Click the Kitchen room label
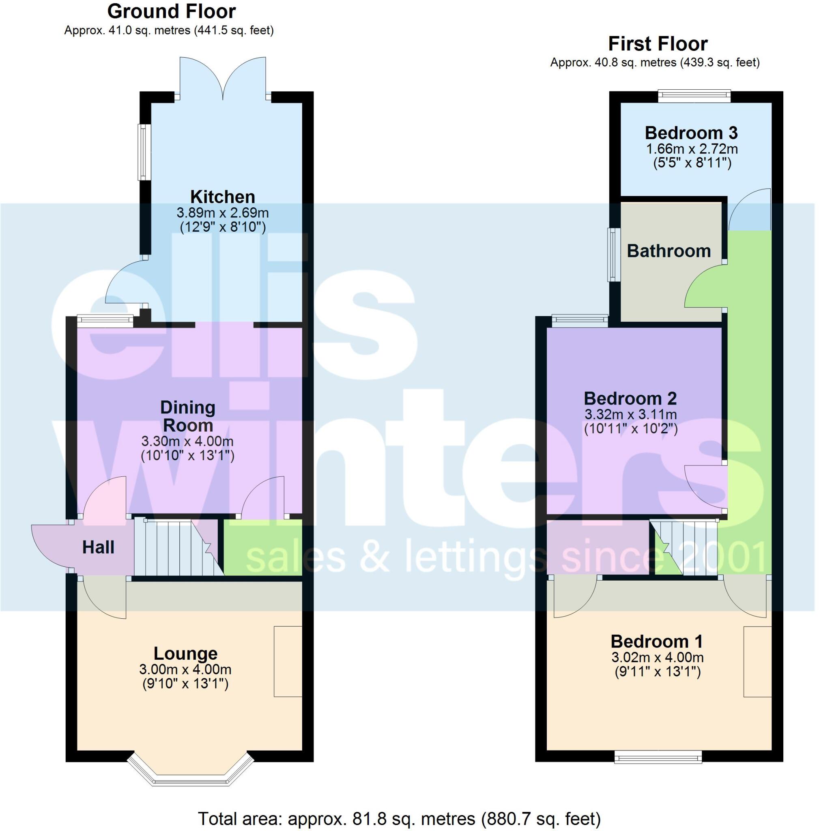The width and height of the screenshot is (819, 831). [x=222, y=196]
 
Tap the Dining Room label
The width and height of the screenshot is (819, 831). [x=187, y=416]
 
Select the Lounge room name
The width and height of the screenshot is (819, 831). [x=185, y=653]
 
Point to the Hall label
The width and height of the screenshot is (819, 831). [x=99, y=547]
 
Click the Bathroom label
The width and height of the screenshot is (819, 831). [x=669, y=251]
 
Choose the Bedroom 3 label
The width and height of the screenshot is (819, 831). [x=691, y=133]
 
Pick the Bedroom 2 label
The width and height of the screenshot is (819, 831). [x=630, y=398]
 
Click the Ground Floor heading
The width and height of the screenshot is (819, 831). [x=171, y=12]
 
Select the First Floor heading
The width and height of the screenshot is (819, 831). [x=657, y=44]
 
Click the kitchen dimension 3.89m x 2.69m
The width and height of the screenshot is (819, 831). [x=222, y=213]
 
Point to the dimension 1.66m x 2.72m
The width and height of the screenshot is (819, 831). [x=692, y=149]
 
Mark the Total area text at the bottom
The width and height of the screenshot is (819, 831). [x=398, y=818]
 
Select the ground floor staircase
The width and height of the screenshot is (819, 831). [x=176, y=547]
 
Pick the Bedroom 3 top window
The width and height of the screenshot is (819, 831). [x=694, y=95]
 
